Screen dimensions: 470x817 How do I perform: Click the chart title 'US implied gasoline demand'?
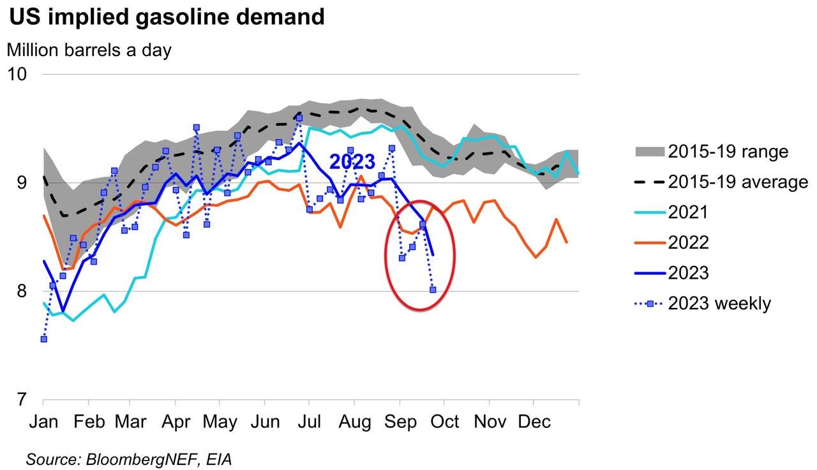coord(167,17)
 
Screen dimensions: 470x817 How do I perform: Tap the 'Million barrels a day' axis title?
coord(89,50)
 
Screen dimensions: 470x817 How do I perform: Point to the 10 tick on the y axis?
coord(17,74)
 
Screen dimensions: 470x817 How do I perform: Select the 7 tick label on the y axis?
coord(22,400)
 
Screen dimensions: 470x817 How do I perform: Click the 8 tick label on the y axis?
coord(22,291)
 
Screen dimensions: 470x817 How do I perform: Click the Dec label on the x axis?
coord(534,422)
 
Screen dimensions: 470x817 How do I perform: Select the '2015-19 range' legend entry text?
coord(728,152)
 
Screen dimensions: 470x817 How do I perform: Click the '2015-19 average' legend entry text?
coord(738,182)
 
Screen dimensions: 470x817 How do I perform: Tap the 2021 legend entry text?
coord(688,212)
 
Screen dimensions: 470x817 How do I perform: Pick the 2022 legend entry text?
coord(688,243)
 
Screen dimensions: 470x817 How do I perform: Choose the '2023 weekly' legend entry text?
coord(719,304)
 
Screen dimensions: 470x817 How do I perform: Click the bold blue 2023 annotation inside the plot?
coord(352,161)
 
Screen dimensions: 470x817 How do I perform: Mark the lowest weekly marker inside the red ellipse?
coord(433,290)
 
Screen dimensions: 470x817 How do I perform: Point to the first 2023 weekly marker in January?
coord(43,339)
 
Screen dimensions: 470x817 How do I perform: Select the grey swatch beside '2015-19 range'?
coord(649,152)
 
